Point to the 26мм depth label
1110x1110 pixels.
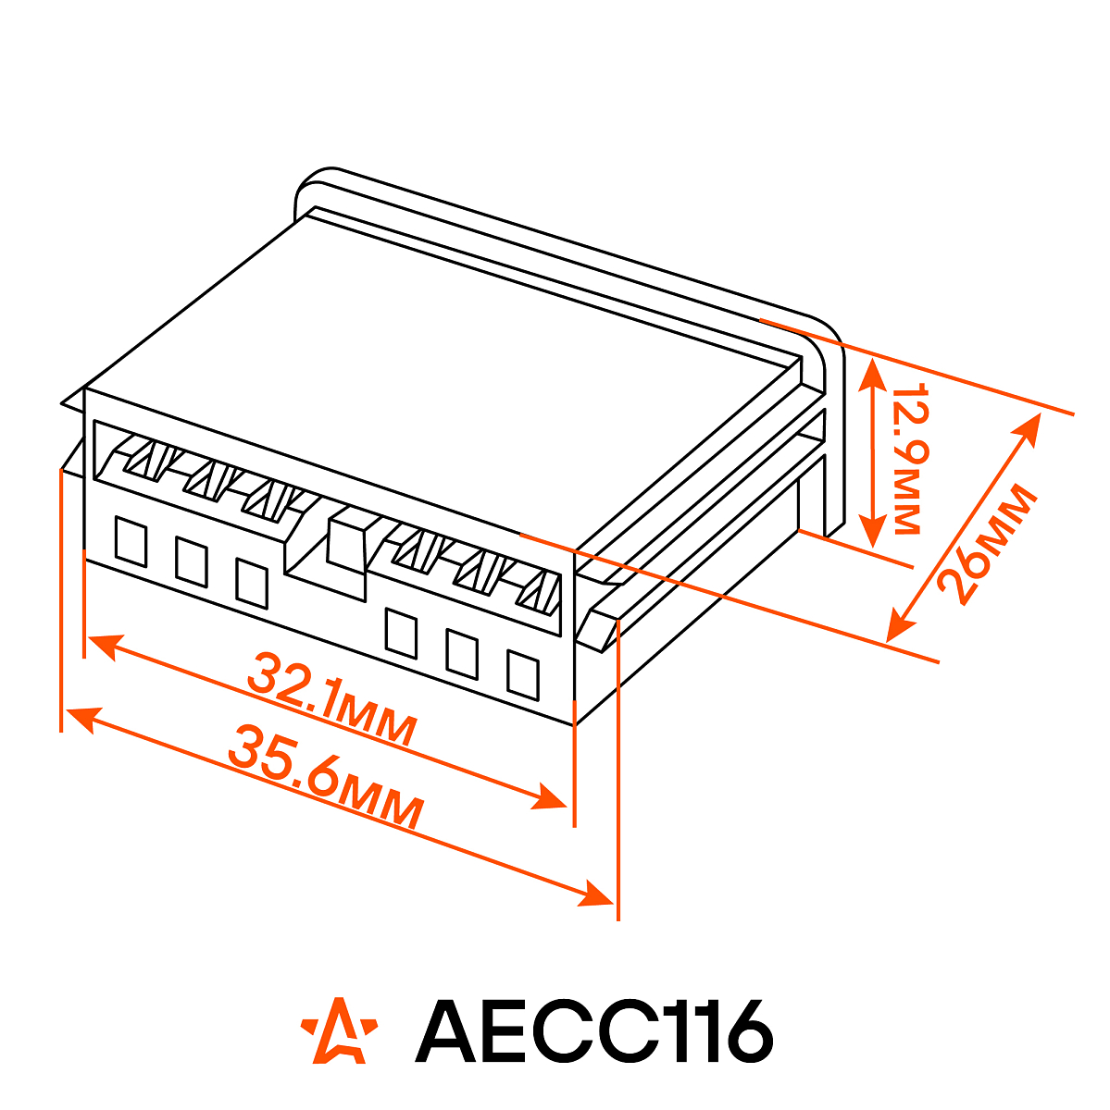pyautogui.click(x=987, y=545)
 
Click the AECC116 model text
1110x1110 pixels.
pyautogui.click(x=593, y=1039)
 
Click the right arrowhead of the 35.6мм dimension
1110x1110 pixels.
pyautogui.click(x=595, y=896)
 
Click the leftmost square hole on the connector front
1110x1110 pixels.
pyautogui.click(x=131, y=541)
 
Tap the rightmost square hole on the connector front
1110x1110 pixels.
pyautogui.click(x=523, y=674)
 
